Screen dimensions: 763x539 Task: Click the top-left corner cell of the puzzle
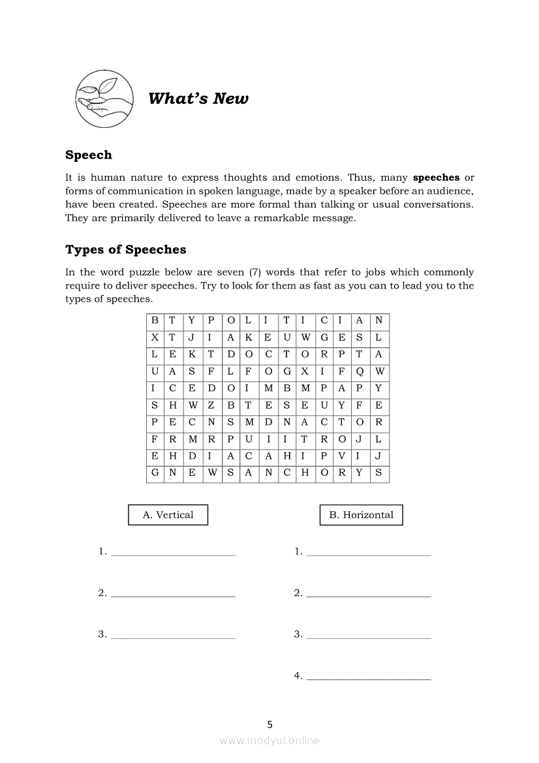(155, 321)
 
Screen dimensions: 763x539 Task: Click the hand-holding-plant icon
(104, 99)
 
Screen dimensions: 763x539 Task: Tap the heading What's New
(198, 99)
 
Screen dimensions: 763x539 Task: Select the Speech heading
(89, 155)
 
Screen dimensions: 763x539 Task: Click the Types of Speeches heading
(125, 250)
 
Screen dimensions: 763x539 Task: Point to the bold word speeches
(437, 178)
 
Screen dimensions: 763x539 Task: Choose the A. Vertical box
(168, 515)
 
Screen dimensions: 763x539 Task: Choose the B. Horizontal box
(361, 515)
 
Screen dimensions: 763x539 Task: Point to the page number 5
(269, 724)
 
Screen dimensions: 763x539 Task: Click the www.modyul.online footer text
(269, 741)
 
